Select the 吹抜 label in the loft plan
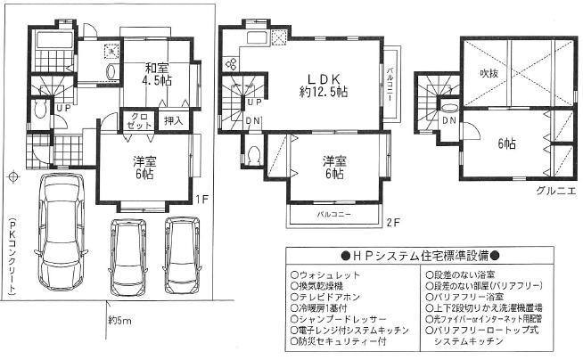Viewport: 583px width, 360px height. (x=488, y=73)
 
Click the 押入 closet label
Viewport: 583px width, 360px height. (x=173, y=120)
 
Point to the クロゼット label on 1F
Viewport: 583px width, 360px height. (x=140, y=121)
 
